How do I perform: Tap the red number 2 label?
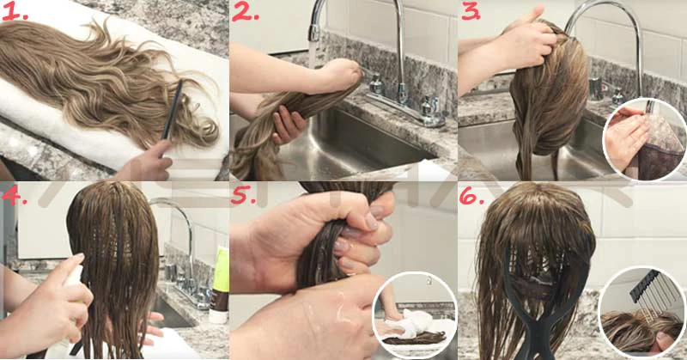pyautogui.click(x=245, y=12)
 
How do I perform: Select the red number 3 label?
pyautogui.click(x=471, y=12)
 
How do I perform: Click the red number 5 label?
pyautogui.click(x=244, y=196)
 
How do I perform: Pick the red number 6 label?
pyautogui.click(x=471, y=197)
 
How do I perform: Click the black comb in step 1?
pyautogui.click(x=173, y=110)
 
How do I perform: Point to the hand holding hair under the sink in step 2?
pyautogui.click(x=288, y=124)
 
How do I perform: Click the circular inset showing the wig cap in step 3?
pyautogui.click(x=644, y=139)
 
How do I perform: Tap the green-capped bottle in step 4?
pyautogui.click(x=219, y=284)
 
